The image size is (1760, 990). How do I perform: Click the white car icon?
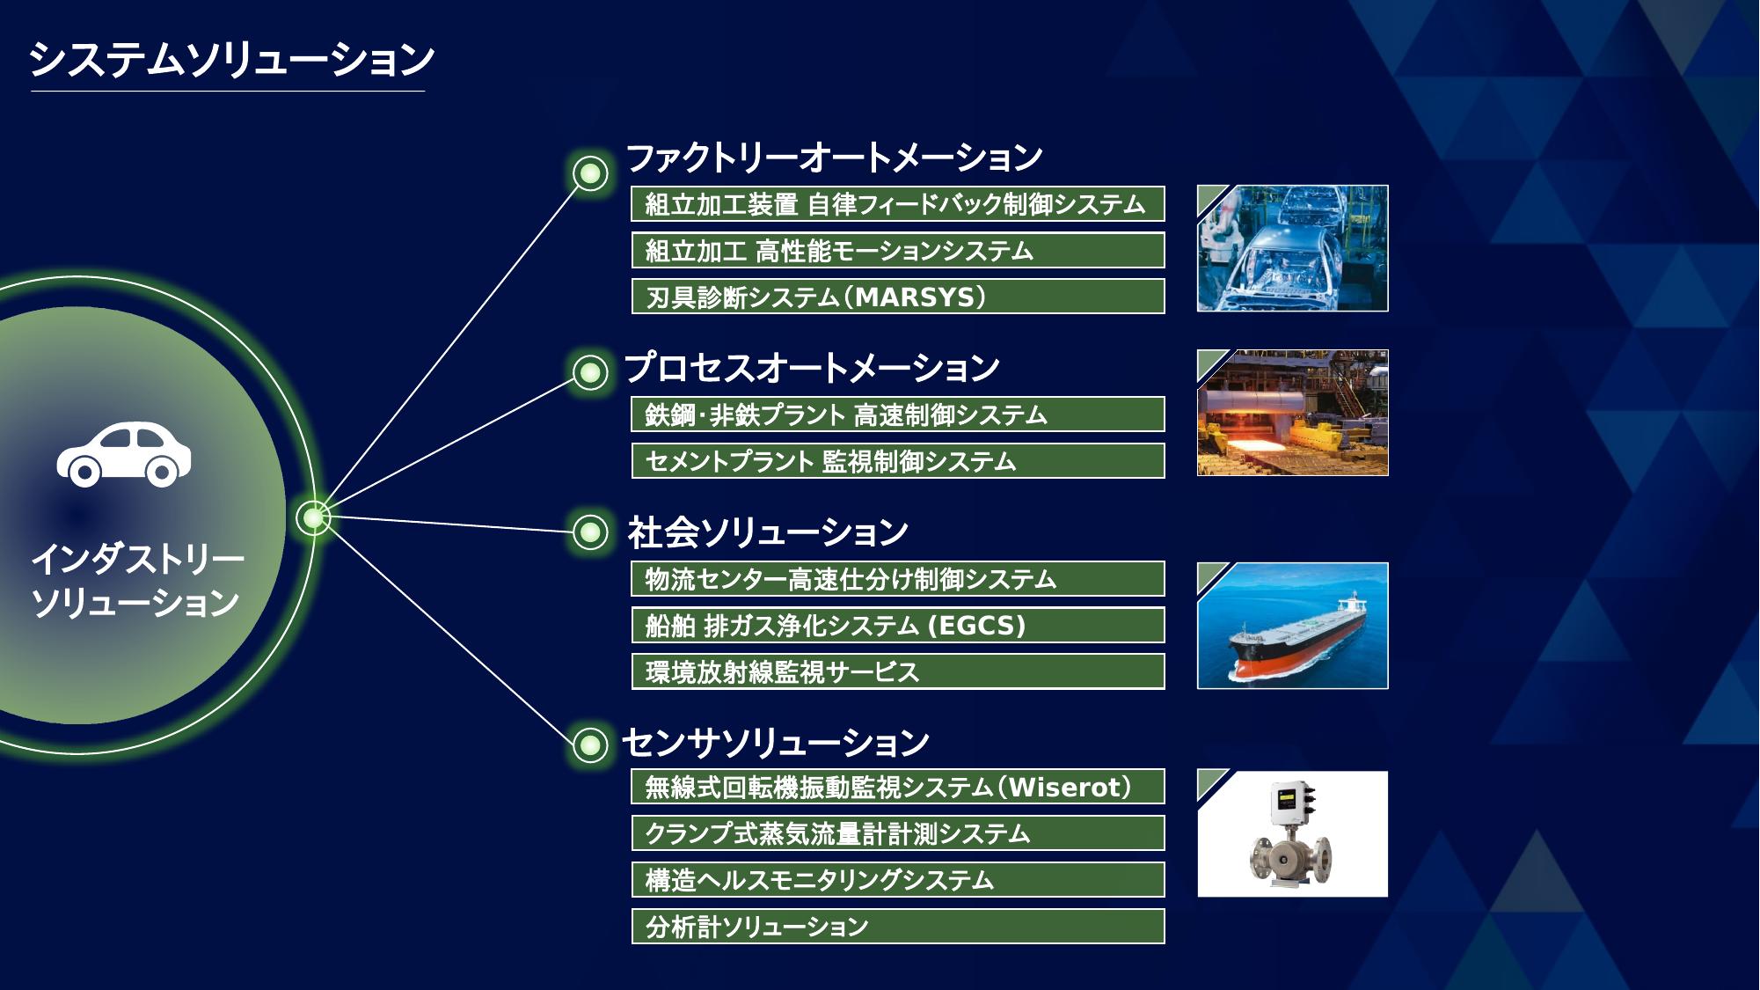pos(124,454)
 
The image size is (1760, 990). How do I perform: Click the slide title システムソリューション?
pos(231,60)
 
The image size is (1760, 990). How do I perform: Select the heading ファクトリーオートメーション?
pos(834,158)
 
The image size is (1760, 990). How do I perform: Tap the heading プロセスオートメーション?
pos(812,368)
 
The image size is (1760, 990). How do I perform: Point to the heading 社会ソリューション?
pos(767,532)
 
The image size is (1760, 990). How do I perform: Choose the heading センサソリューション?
pos(776,744)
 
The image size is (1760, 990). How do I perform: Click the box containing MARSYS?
pos(898,297)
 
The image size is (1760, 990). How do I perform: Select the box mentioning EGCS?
pos(898,626)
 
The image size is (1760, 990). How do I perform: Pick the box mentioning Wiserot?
pos(898,787)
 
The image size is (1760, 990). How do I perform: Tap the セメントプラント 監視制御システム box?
pos(898,461)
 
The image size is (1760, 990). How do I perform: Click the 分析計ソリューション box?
pos(898,927)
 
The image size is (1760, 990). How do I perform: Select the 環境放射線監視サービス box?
pos(898,672)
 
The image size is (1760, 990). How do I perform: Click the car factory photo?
pos(1292,248)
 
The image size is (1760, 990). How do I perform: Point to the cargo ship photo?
pos(1292,626)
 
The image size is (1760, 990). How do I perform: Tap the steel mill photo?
pos(1292,414)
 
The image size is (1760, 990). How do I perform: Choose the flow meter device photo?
pos(1292,834)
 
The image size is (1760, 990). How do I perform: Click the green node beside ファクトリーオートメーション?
pos(590,173)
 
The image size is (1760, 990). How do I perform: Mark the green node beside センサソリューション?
pos(590,745)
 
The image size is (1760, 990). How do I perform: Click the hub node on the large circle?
pos(313,517)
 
